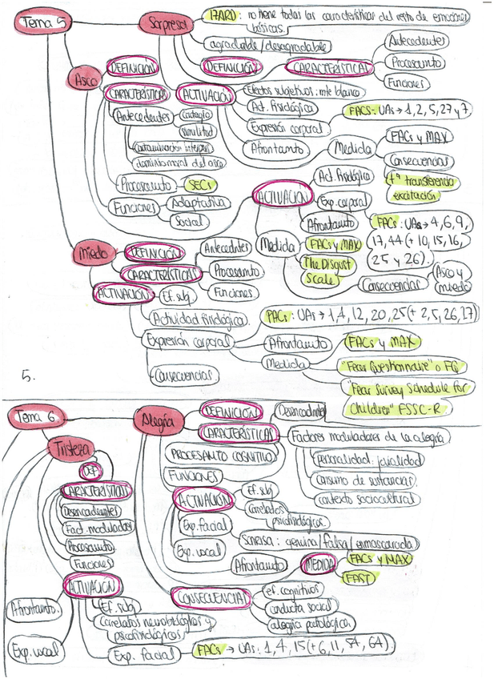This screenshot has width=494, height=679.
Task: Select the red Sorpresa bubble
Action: (166, 24)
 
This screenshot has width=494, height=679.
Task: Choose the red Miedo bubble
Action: (93, 253)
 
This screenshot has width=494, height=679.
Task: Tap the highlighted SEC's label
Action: (195, 184)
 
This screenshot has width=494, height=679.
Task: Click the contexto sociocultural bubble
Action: (366, 499)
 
